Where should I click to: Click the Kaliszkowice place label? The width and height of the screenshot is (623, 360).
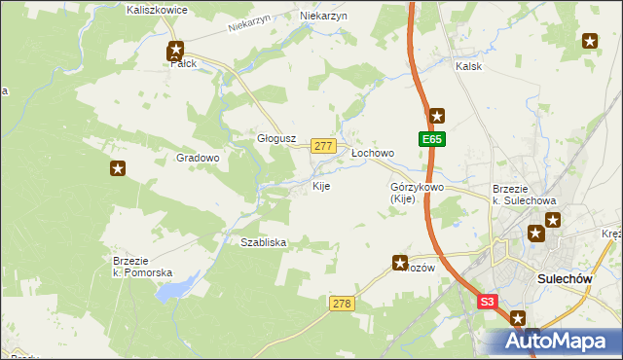pyautogui.click(x=157, y=9)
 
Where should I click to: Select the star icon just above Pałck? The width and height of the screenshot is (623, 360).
pyautogui.click(x=176, y=50)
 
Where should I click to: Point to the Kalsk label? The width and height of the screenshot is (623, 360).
pyautogui.click(x=469, y=67)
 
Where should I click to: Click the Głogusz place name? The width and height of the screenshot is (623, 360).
pyautogui.click(x=275, y=138)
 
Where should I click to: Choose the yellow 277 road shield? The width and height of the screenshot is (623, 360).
pyautogui.click(x=323, y=145)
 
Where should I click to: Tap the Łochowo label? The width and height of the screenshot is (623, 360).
pyautogui.click(x=372, y=153)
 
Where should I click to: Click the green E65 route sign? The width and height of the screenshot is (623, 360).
pyautogui.click(x=433, y=140)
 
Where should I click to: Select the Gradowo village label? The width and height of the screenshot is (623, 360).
pyautogui.click(x=198, y=157)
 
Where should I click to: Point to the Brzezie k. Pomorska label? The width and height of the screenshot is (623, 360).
pyautogui.click(x=142, y=267)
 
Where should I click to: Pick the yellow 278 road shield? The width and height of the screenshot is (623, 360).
pyautogui.click(x=341, y=305)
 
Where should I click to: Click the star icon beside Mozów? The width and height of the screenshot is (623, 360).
pyautogui.click(x=400, y=262)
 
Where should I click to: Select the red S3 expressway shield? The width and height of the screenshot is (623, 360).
pyautogui.click(x=489, y=303)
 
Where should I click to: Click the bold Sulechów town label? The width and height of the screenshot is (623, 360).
pyautogui.click(x=565, y=279)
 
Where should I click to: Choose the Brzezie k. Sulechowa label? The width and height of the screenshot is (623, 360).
pyautogui.click(x=524, y=195)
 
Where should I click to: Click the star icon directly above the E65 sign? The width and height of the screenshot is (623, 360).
pyautogui.click(x=437, y=115)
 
